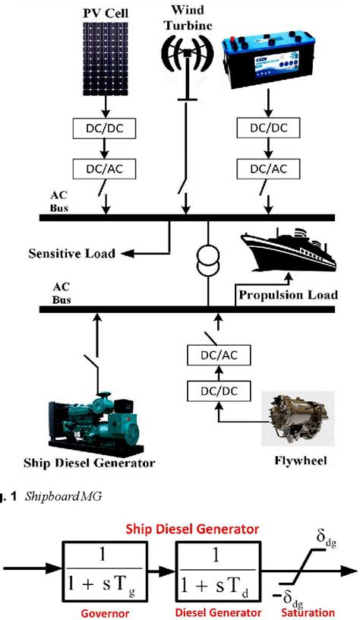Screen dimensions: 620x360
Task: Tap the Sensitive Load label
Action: [x=72, y=253]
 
